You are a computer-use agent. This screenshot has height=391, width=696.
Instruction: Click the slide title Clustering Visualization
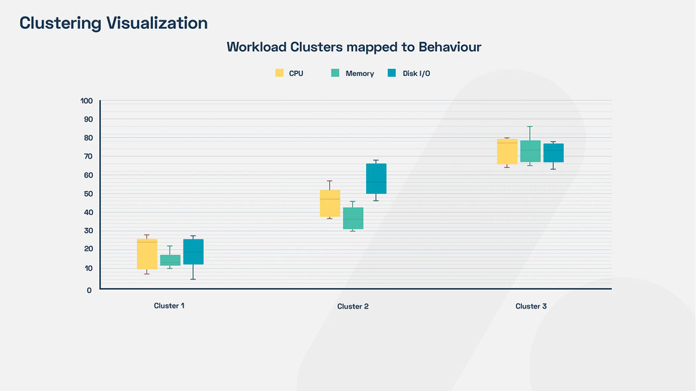[113, 23]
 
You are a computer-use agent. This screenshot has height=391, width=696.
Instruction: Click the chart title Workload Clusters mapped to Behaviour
[354, 47]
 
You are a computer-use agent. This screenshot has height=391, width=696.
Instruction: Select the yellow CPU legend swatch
[279, 73]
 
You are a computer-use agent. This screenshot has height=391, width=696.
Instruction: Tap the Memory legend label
[360, 74]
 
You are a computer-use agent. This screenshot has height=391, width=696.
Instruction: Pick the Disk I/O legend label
[416, 74]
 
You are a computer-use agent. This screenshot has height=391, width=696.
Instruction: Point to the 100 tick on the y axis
[86, 101]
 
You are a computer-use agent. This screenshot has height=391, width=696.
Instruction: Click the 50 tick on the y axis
[88, 193]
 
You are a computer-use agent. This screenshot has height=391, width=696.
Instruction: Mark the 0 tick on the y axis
[89, 290]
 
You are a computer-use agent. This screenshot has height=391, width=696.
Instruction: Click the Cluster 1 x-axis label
[169, 306]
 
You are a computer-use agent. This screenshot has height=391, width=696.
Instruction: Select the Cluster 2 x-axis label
[353, 306]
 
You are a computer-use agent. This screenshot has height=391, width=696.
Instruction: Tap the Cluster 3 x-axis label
[531, 306]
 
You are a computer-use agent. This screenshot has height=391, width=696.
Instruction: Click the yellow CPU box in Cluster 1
[147, 253]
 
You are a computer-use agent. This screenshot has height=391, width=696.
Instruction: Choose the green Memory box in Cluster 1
[170, 260]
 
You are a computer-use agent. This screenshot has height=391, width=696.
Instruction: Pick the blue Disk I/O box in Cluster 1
[194, 252]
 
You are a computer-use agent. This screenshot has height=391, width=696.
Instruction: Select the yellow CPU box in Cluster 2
[330, 203]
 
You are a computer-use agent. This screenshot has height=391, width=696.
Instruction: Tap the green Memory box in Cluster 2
[353, 218]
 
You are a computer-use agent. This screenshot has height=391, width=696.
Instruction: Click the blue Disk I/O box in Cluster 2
[376, 179]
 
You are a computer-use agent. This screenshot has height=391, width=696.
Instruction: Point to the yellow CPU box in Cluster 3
[507, 151]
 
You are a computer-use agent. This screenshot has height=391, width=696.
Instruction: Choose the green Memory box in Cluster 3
[531, 151]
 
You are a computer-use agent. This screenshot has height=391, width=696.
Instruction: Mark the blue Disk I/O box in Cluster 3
[554, 153]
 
